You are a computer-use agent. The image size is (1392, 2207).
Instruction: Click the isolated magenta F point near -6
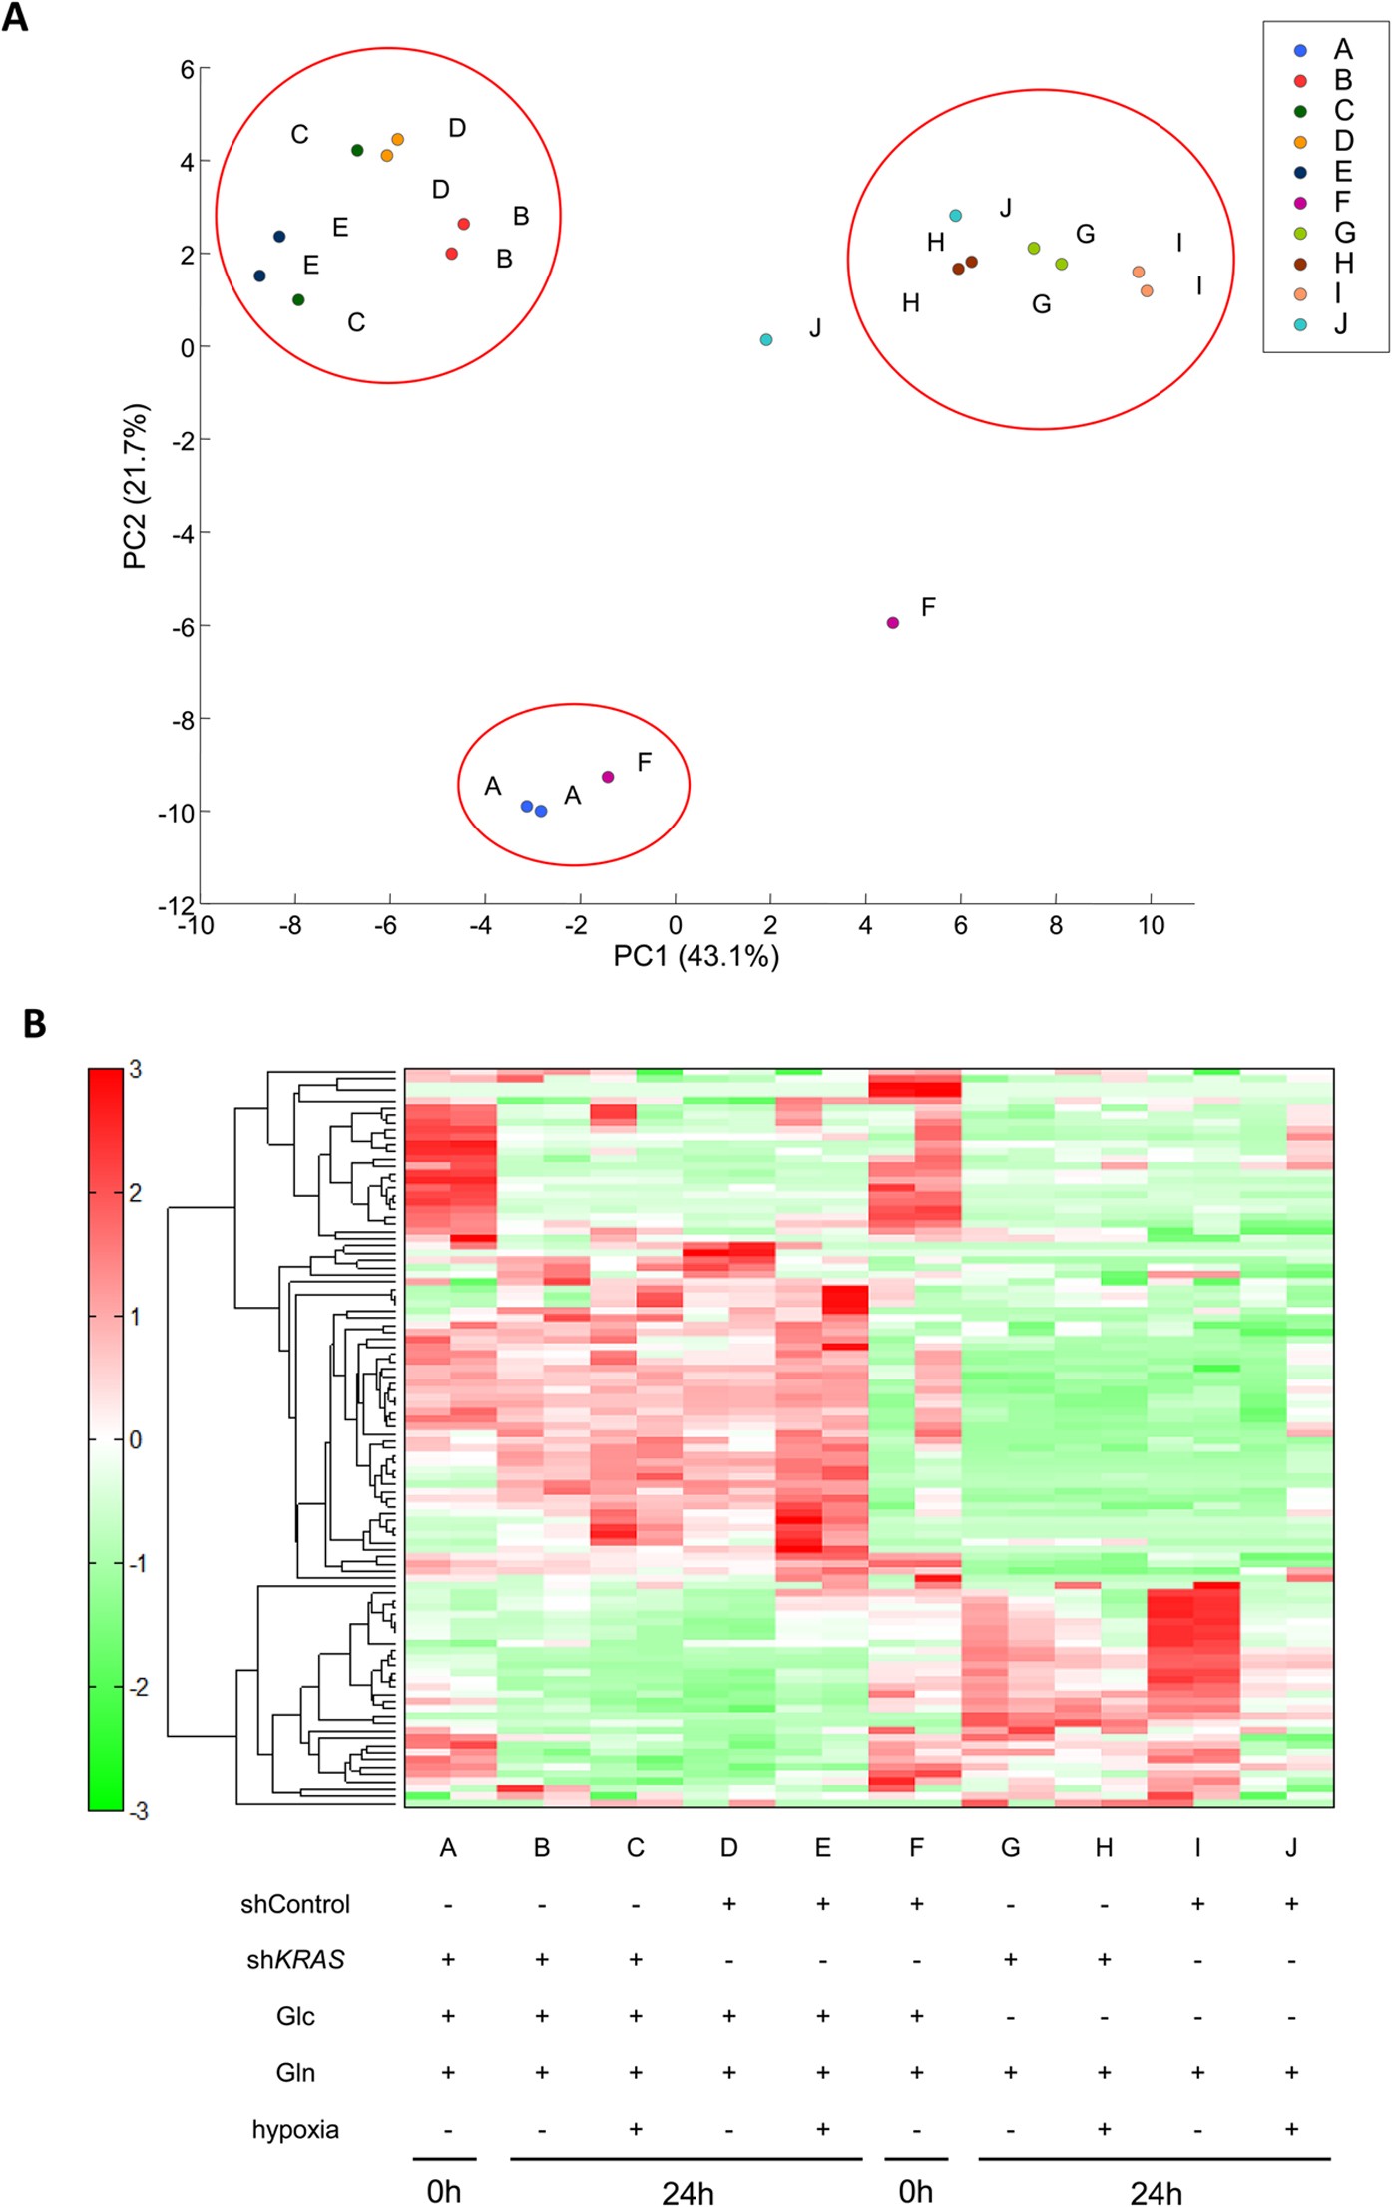click(893, 623)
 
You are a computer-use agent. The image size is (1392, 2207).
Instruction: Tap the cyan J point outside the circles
click(766, 340)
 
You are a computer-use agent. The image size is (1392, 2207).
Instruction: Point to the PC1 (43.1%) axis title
click(696, 956)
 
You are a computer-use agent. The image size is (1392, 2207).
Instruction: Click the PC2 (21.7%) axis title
click(136, 486)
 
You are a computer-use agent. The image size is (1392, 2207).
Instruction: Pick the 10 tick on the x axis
click(1151, 926)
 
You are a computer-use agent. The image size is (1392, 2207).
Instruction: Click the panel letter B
click(34, 1024)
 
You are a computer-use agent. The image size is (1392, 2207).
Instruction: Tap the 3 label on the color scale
click(136, 1070)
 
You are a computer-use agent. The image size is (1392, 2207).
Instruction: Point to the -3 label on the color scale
click(138, 1811)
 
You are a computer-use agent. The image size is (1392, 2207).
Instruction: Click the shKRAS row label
click(295, 1960)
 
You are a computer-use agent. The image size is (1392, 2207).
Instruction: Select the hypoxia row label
click(295, 2129)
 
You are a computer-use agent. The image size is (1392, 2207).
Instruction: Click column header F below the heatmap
click(916, 1848)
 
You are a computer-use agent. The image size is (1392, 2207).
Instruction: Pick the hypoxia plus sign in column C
click(636, 2129)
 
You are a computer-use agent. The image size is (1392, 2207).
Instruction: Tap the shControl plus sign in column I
click(1197, 1904)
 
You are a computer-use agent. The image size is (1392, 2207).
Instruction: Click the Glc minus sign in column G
click(1010, 2016)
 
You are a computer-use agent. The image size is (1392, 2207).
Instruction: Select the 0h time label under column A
click(444, 2190)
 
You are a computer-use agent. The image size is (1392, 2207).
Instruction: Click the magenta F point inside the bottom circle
click(608, 777)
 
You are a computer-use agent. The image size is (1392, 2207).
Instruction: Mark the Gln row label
click(295, 2073)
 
